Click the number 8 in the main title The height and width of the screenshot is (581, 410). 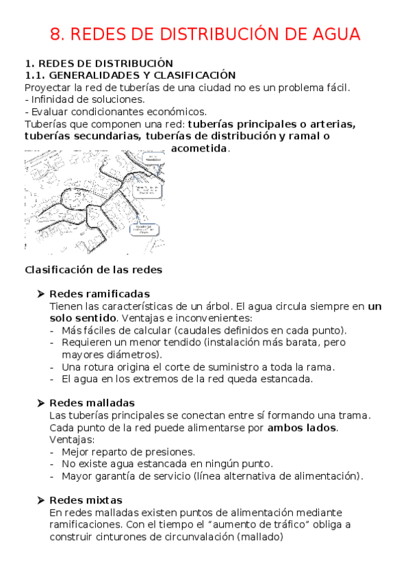56,34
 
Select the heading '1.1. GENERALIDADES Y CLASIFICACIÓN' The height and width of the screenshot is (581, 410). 130,75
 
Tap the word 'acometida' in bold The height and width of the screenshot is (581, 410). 200,149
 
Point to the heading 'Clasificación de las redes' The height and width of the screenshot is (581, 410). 93,269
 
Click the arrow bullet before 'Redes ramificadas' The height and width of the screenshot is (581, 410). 41,294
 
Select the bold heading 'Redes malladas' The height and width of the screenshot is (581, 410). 92,402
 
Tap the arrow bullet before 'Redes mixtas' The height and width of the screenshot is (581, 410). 41,500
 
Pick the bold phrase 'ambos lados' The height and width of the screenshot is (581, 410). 302,428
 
